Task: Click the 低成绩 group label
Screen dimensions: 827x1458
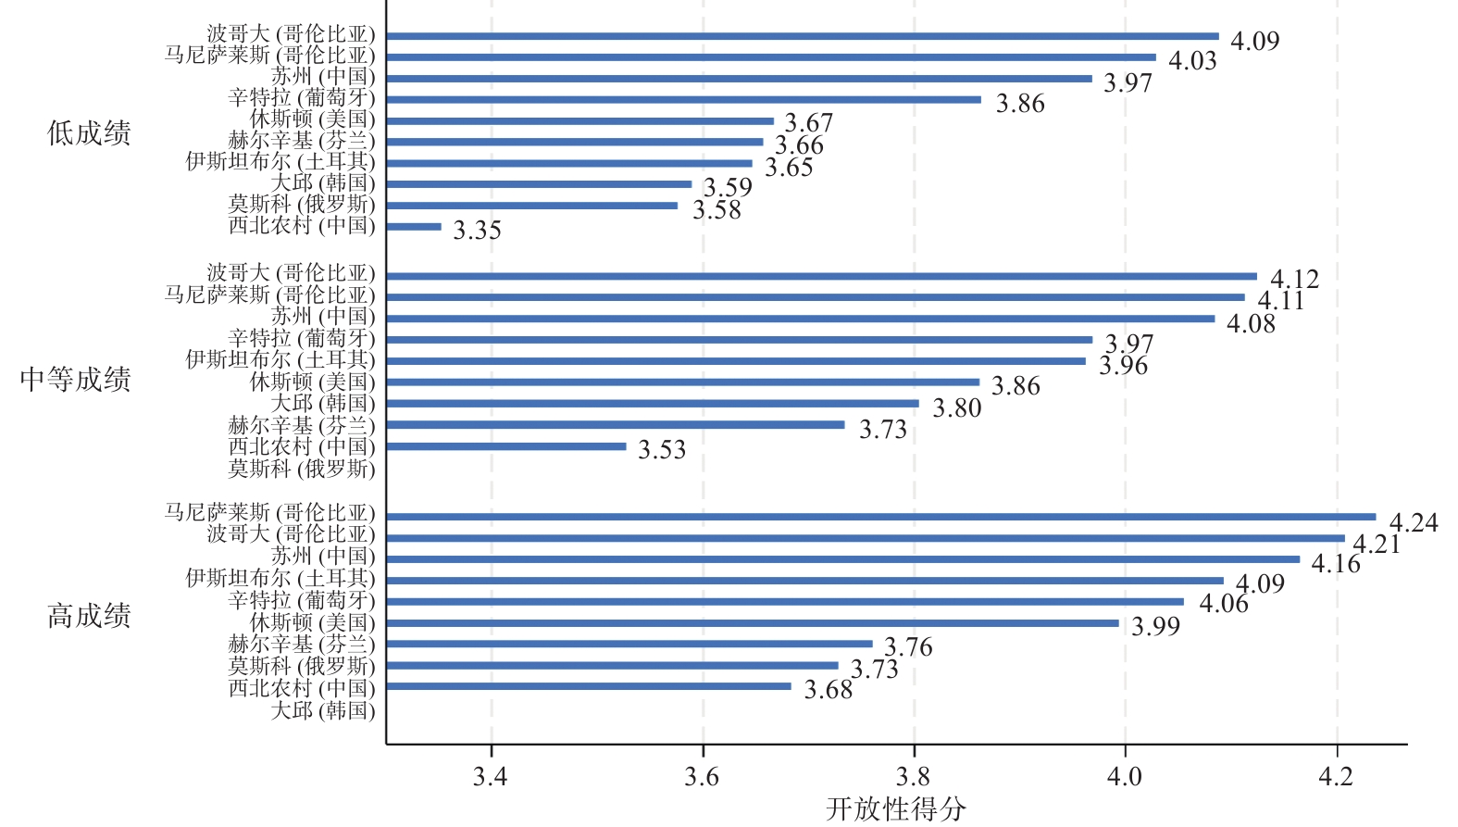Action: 89,133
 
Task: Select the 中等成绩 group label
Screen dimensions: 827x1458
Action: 76,379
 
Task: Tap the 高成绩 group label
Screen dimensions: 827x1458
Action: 89,616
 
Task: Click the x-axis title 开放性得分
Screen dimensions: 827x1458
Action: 895,808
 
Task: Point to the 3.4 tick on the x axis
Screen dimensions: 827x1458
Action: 491,776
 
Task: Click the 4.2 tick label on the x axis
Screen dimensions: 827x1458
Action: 1336,776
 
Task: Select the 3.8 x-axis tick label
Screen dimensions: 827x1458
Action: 914,776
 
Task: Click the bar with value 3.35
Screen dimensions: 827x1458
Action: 414,227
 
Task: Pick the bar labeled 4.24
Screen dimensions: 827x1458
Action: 880,517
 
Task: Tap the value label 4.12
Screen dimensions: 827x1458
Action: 1294,279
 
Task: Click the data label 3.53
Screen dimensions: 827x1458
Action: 662,450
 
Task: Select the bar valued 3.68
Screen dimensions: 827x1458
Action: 589,686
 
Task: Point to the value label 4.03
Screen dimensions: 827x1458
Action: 1192,61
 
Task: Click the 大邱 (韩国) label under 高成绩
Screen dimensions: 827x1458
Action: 323,710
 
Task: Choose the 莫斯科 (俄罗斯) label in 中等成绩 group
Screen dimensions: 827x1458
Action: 302,469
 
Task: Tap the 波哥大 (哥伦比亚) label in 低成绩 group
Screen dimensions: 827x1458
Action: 291,35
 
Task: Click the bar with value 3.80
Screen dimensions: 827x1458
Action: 653,404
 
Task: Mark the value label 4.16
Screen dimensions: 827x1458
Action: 1336,564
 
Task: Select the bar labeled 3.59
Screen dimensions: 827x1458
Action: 539,184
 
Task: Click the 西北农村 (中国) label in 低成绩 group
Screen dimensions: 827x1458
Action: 302,225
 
